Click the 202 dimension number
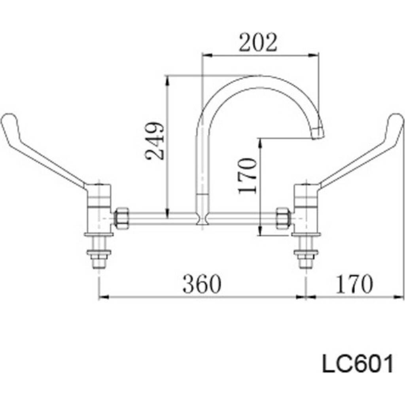pos(257,43)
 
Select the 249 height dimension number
pos(155,141)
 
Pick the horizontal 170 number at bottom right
pos(354,284)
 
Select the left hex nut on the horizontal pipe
pos(122,218)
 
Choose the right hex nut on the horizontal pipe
pos(283,218)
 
